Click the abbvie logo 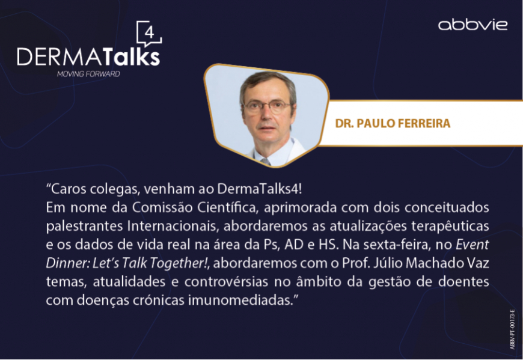pos(473,25)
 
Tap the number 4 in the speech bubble pos(150,33)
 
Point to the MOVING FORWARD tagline pos(88,74)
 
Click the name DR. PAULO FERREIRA pos(393,123)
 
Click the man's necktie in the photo pos(266,161)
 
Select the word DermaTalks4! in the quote pos(260,189)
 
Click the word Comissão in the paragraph pos(162,208)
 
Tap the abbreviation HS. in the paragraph pos(329,245)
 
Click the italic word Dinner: pos(67,263)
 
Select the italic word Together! pos(179,263)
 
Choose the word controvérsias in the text pos(226,282)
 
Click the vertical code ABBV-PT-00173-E pos(512,329)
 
